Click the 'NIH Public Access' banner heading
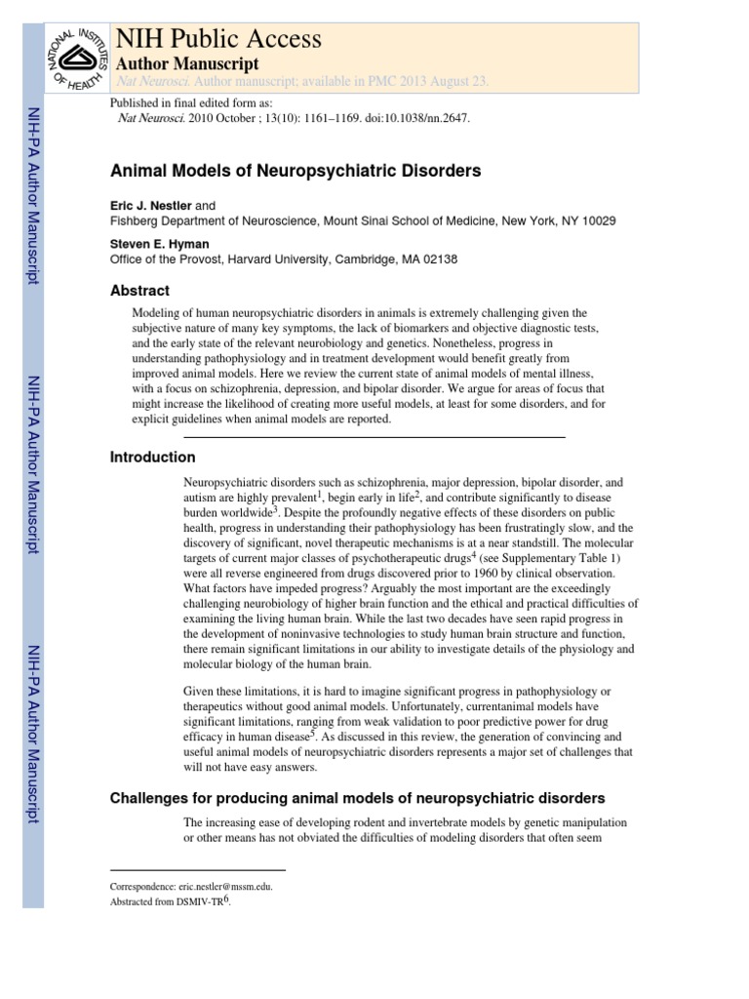tap(218, 38)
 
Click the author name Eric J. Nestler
tap(151, 206)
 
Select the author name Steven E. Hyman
tap(158, 245)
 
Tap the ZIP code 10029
tap(595, 221)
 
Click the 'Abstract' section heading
tap(140, 291)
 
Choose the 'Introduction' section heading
tap(153, 458)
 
